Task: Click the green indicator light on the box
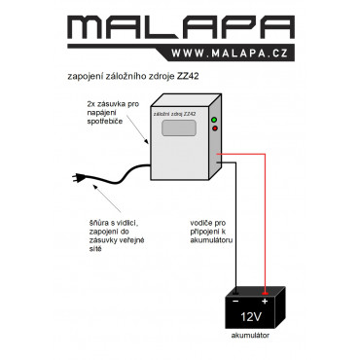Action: [214, 120]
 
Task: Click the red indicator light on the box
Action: [214, 128]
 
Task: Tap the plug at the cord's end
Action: [79, 178]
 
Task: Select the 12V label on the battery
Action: [251, 317]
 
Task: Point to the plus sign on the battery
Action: [265, 302]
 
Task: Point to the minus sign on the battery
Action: [235, 302]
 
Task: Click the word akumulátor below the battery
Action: [250, 336]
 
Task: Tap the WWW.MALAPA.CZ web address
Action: [230, 54]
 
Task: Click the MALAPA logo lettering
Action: [181, 27]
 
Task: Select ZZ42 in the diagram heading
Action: [188, 77]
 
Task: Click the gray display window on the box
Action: [179, 127]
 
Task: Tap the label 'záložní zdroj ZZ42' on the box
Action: [174, 114]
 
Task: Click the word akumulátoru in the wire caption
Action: [211, 240]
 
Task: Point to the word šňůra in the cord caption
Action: [98, 223]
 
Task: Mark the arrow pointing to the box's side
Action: [137, 129]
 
